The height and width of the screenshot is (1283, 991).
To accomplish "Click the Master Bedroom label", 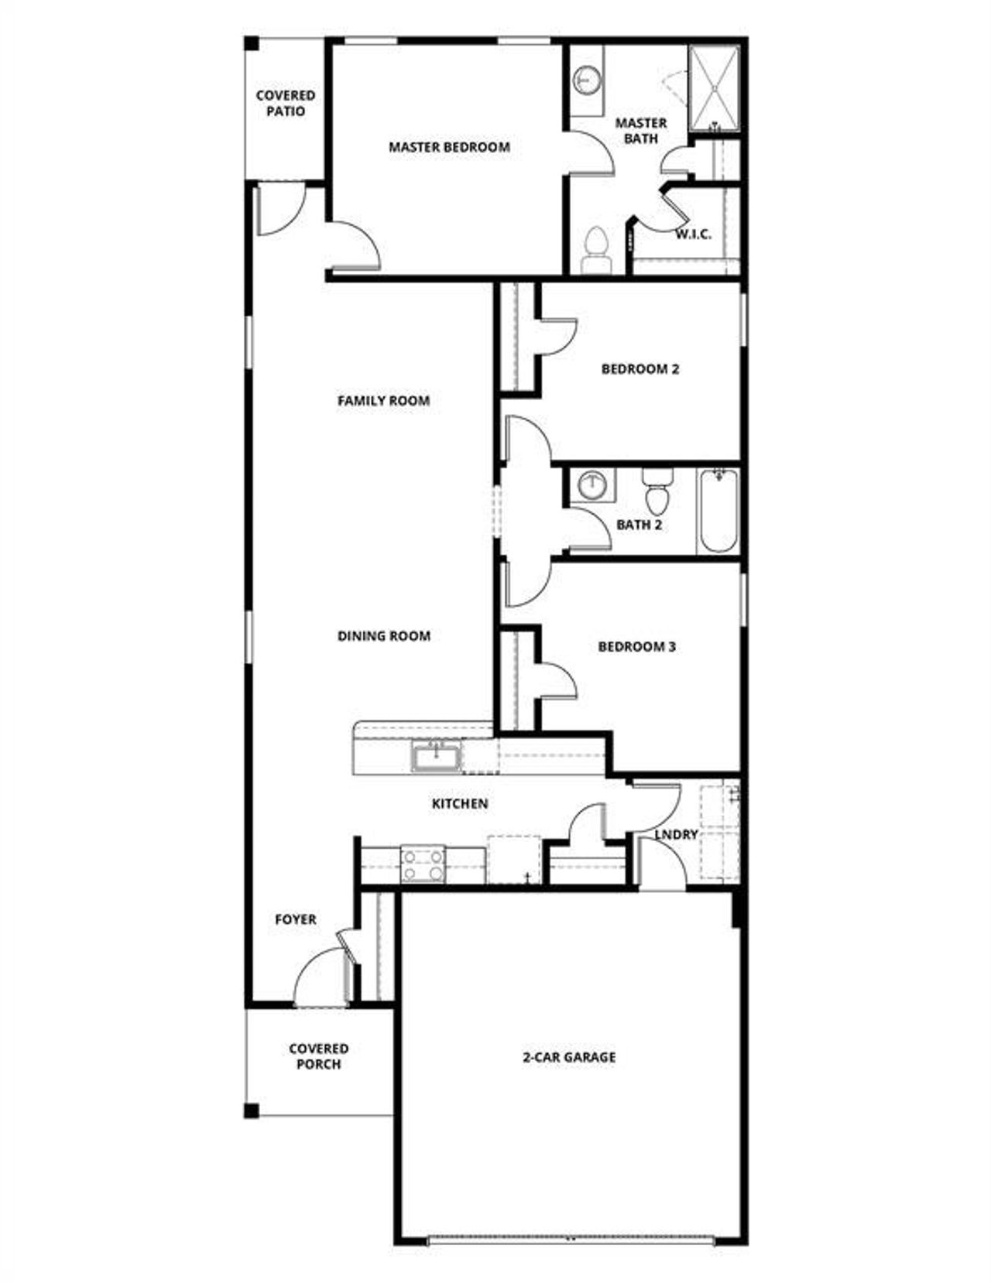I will [449, 147].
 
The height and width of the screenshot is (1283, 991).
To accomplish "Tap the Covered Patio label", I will [286, 103].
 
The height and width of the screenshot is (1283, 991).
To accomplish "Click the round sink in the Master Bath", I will [587, 79].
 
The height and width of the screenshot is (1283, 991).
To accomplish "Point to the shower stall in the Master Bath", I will [714, 88].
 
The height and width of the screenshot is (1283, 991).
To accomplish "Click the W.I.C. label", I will [693, 234].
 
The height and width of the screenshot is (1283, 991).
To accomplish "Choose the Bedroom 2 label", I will [640, 369].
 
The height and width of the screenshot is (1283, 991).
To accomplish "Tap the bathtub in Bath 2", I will [718, 511].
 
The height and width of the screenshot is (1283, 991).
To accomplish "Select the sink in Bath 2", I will [593, 485].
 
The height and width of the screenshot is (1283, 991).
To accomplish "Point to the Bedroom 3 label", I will [636, 646].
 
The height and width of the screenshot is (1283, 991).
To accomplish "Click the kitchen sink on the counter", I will [437, 756].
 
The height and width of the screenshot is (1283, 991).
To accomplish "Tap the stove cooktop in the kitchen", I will [423, 864].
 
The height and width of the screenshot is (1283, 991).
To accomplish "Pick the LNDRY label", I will [676, 835].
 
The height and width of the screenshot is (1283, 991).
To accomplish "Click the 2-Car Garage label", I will [569, 1057].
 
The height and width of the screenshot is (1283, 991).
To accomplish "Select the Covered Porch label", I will [318, 1056].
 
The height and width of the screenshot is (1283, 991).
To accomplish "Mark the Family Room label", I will [383, 401].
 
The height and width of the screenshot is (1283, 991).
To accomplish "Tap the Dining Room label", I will [383, 636].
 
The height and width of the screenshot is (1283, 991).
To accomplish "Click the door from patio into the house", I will [279, 210].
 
